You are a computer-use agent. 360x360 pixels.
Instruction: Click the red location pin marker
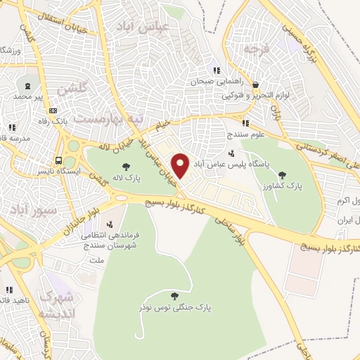(x=181, y=165)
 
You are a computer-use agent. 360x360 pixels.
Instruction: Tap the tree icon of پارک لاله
(x=126, y=167)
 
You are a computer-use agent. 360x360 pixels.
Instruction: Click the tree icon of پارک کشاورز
(x=283, y=174)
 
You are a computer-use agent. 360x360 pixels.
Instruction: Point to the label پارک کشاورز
(x=304, y=185)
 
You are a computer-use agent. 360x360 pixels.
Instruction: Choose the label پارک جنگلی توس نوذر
(x=175, y=308)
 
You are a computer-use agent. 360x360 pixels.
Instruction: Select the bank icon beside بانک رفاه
(x=53, y=111)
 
